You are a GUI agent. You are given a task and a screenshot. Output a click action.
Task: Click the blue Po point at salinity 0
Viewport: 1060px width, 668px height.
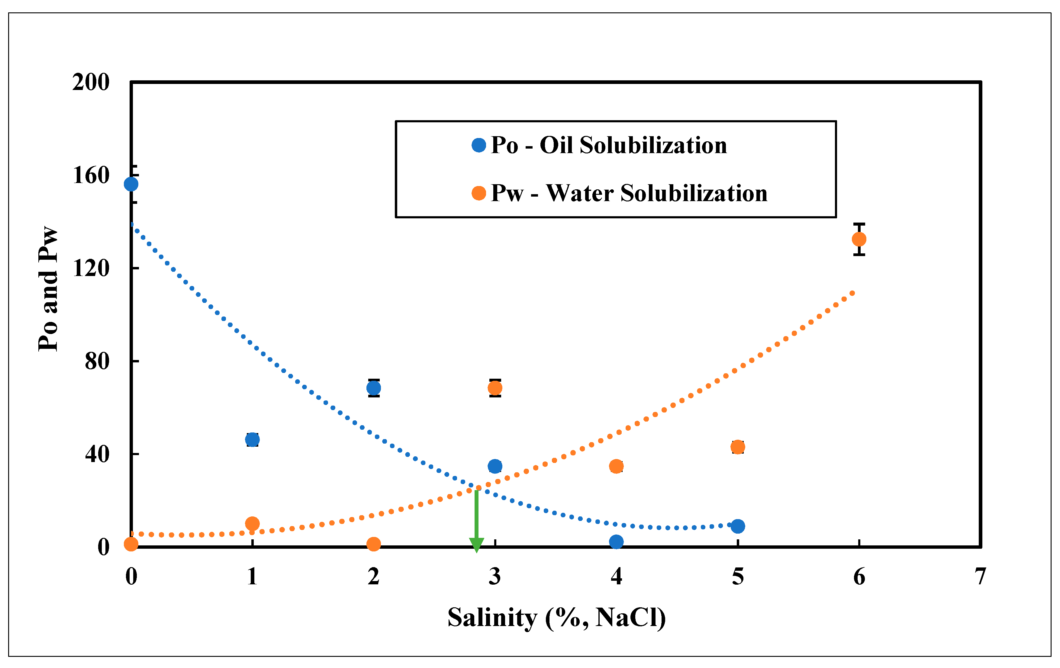click(x=131, y=184)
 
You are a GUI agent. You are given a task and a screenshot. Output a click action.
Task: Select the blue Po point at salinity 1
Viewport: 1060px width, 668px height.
click(x=252, y=440)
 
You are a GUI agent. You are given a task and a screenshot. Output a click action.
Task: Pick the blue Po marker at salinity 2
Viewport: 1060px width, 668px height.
click(x=374, y=388)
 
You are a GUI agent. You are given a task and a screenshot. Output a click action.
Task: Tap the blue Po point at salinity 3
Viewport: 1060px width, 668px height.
click(x=495, y=467)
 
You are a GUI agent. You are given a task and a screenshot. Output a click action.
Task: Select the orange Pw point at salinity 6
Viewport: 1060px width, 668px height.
click(x=859, y=239)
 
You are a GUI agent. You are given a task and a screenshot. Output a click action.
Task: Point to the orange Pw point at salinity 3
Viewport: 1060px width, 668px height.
click(x=495, y=388)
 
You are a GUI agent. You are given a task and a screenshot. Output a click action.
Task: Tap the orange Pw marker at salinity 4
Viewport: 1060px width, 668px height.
click(x=616, y=467)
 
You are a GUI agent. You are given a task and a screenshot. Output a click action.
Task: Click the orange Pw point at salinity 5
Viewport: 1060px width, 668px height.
click(x=738, y=447)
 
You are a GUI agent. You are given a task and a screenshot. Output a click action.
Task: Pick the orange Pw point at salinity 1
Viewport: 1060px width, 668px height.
click(x=252, y=524)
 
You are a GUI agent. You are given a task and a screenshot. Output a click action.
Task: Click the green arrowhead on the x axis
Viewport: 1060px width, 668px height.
click(x=476, y=545)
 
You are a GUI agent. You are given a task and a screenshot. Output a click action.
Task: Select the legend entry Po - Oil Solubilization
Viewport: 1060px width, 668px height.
click(x=608, y=145)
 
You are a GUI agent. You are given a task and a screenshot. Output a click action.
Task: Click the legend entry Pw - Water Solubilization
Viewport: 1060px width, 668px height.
click(x=629, y=193)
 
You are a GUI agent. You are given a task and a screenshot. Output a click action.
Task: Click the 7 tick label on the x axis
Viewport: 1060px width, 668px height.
click(x=980, y=577)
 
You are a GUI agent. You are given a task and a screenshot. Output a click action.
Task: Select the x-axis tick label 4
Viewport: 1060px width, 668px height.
click(x=616, y=577)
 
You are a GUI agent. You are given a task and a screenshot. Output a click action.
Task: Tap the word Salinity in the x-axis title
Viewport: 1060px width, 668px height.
click(x=492, y=618)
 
